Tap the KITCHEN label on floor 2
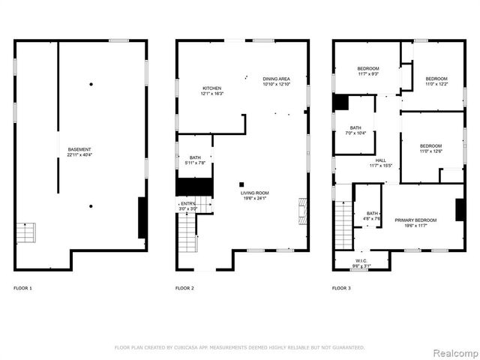coord(211,88)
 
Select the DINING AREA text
coord(276,79)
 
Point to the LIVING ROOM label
coord(255,193)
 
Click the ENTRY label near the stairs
coord(187,202)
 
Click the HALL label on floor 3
coord(381,160)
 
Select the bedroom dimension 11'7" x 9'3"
coord(368,73)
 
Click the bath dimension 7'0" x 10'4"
coord(353,133)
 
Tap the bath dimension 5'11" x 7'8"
coord(195,163)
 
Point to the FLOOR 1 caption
coord(22,288)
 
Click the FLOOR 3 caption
coord(342,288)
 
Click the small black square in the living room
coord(241,184)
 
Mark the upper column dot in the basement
coord(91,84)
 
